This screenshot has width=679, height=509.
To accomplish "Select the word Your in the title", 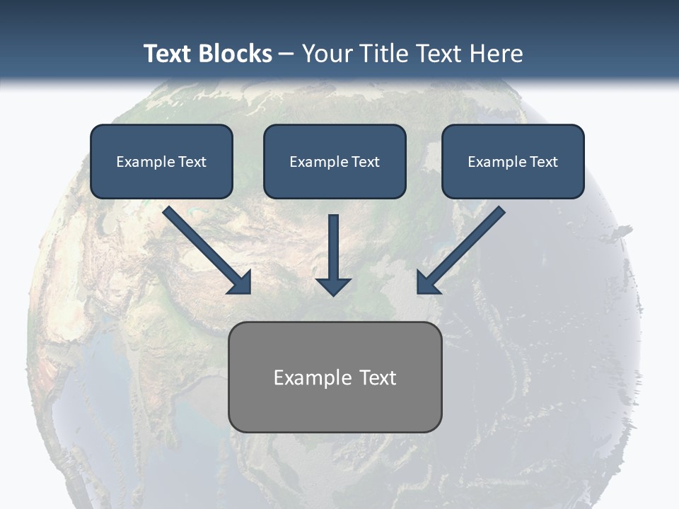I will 327,54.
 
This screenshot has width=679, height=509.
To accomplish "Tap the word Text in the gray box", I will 378,378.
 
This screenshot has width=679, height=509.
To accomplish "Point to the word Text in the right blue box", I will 543,162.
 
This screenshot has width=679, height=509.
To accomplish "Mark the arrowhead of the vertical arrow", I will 334,285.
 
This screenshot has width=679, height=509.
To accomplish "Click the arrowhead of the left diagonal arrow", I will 240,283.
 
